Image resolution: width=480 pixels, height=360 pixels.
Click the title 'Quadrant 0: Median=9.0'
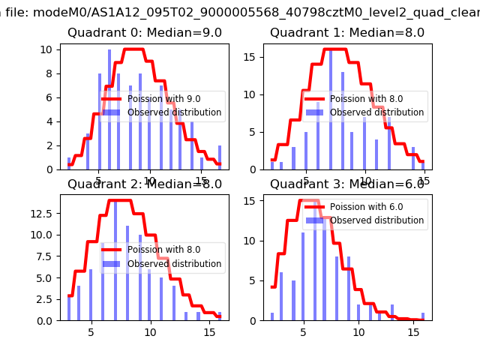pos(145,33)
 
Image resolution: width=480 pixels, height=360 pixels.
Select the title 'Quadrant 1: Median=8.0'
pos(347,33)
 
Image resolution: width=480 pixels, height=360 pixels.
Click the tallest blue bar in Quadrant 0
pos(109,109)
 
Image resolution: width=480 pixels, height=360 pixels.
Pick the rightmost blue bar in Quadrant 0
pos(220,157)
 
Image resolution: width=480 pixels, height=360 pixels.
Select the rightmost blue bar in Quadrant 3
pos(423,316)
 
